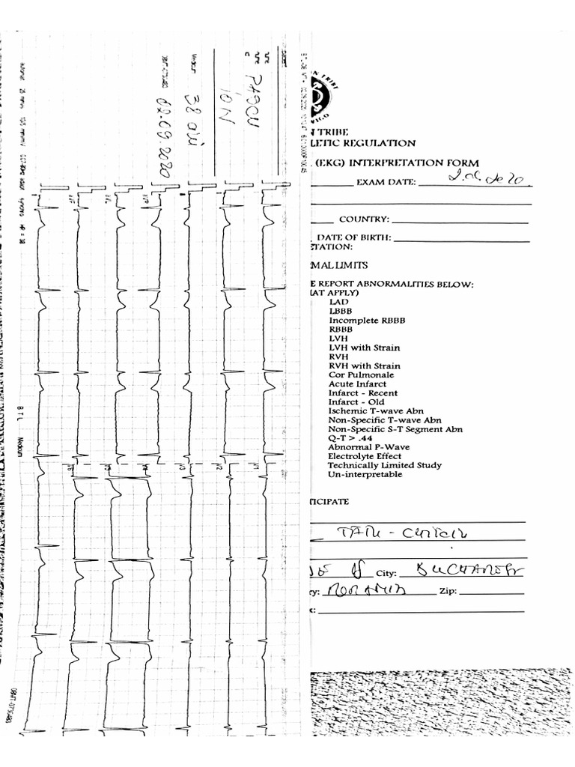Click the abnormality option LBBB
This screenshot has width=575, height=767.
click(x=340, y=311)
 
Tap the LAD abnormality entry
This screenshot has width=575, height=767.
click(x=338, y=302)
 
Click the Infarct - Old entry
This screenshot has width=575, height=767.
click(x=356, y=402)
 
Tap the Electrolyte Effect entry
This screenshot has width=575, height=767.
click(x=365, y=456)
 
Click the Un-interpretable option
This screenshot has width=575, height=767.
click(x=365, y=474)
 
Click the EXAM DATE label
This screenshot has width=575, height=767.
click(x=386, y=182)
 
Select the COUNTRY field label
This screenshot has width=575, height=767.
click(x=364, y=219)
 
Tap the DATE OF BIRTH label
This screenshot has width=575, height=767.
click(x=359, y=237)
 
